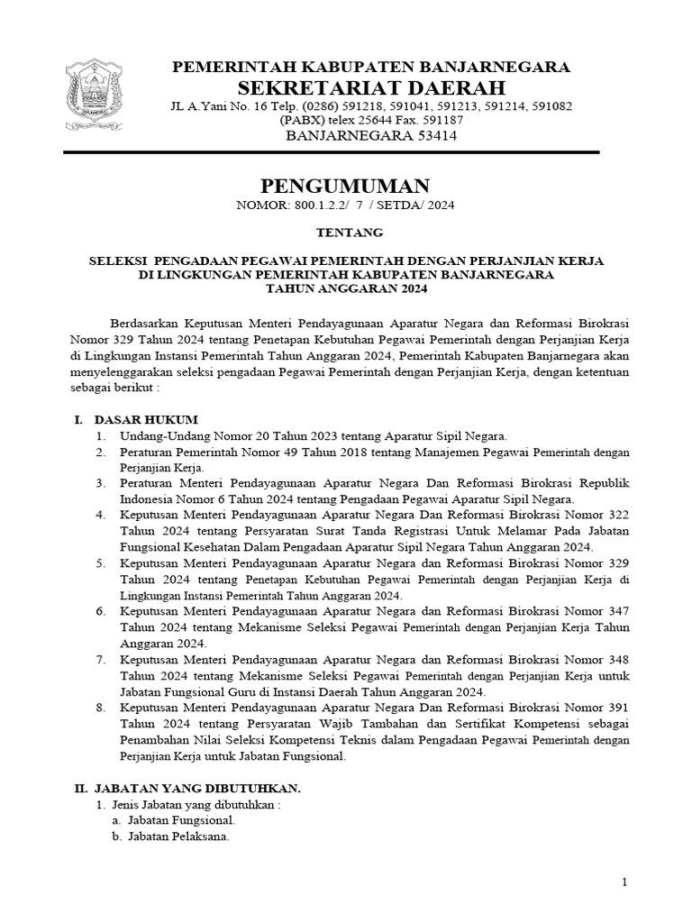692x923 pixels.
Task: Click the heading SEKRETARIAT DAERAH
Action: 370,87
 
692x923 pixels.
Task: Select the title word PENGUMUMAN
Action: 345,187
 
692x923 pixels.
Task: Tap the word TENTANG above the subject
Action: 346,233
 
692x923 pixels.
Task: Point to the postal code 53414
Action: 424,136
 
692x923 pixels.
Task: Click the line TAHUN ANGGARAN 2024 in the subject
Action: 345,289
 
